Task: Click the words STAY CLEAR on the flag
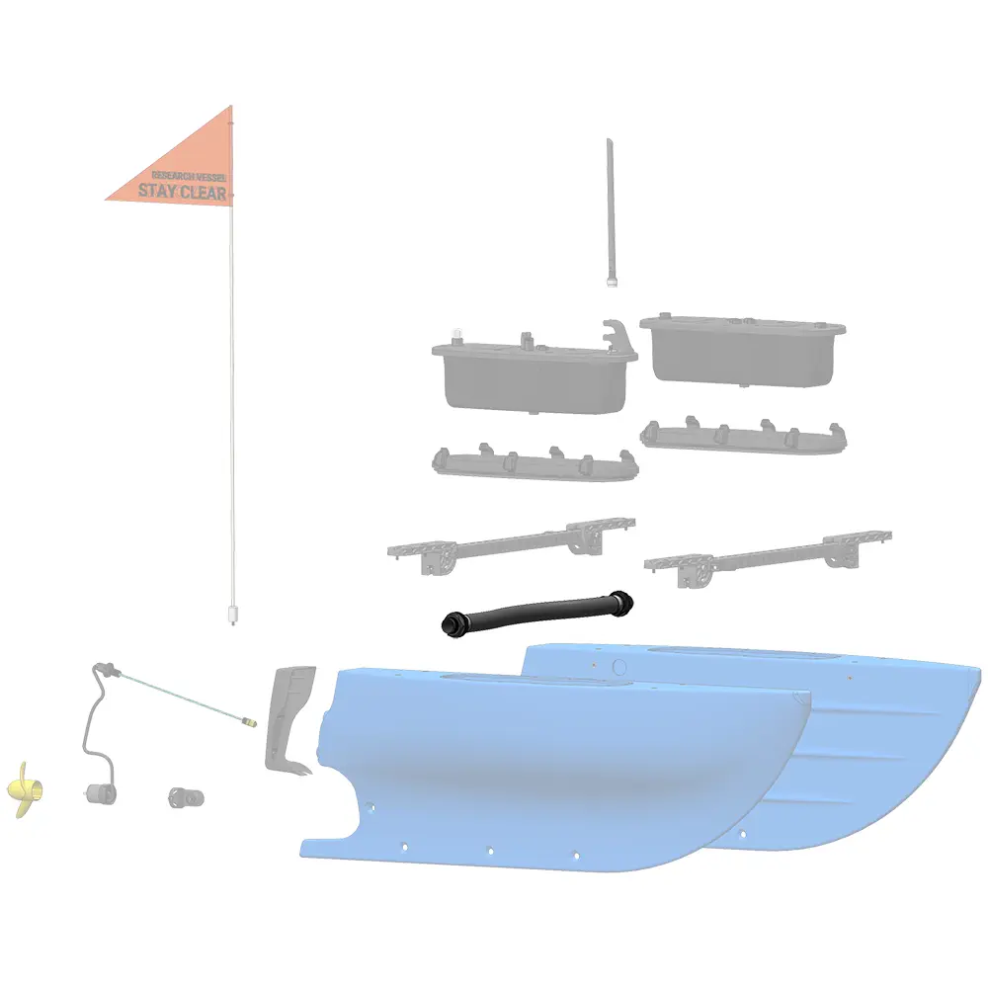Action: coord(182,192)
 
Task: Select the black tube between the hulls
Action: coord(536,613)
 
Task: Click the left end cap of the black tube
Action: coord(452,624)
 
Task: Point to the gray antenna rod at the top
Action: coord(611,212)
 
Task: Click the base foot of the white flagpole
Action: coord(232,615)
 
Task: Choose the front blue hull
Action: coord(554,769)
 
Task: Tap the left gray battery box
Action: coord(535,375)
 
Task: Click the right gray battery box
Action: coord(742,352)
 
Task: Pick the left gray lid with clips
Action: coord(535,463)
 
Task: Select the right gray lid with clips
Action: coord(743,436)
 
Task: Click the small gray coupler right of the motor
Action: coord(186,797)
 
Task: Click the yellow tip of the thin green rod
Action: coord(250,721)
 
